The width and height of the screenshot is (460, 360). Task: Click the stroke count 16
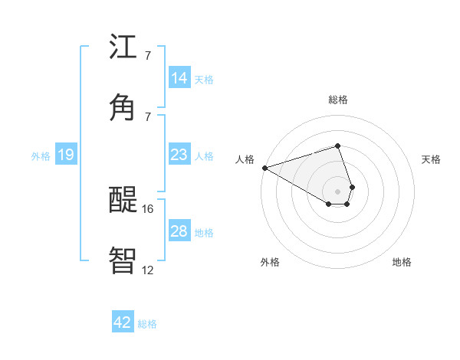click(148, 208)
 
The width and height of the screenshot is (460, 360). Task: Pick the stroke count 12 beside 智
click(148, 270)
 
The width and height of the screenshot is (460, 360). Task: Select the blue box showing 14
click(179, 78)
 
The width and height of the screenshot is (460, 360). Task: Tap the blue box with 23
click(179, 155)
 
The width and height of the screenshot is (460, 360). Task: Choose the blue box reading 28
click(179, 231)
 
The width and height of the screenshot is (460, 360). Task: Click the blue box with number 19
click(65, 155)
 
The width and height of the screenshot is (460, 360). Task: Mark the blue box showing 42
click(123, 322)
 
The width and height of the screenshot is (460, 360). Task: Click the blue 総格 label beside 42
click(147, 324)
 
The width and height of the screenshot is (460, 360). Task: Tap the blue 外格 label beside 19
click(41, 156)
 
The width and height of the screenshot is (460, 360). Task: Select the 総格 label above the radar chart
click(338, 100)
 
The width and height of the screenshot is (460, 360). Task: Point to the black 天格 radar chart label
click(432, 159)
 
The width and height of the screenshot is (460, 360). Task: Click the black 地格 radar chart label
click(402, 262)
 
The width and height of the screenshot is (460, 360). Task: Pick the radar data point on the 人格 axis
click(264, 167)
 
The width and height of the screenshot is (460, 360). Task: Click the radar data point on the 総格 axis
click(337, 146)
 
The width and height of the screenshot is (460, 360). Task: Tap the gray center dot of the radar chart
click(337, 190)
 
